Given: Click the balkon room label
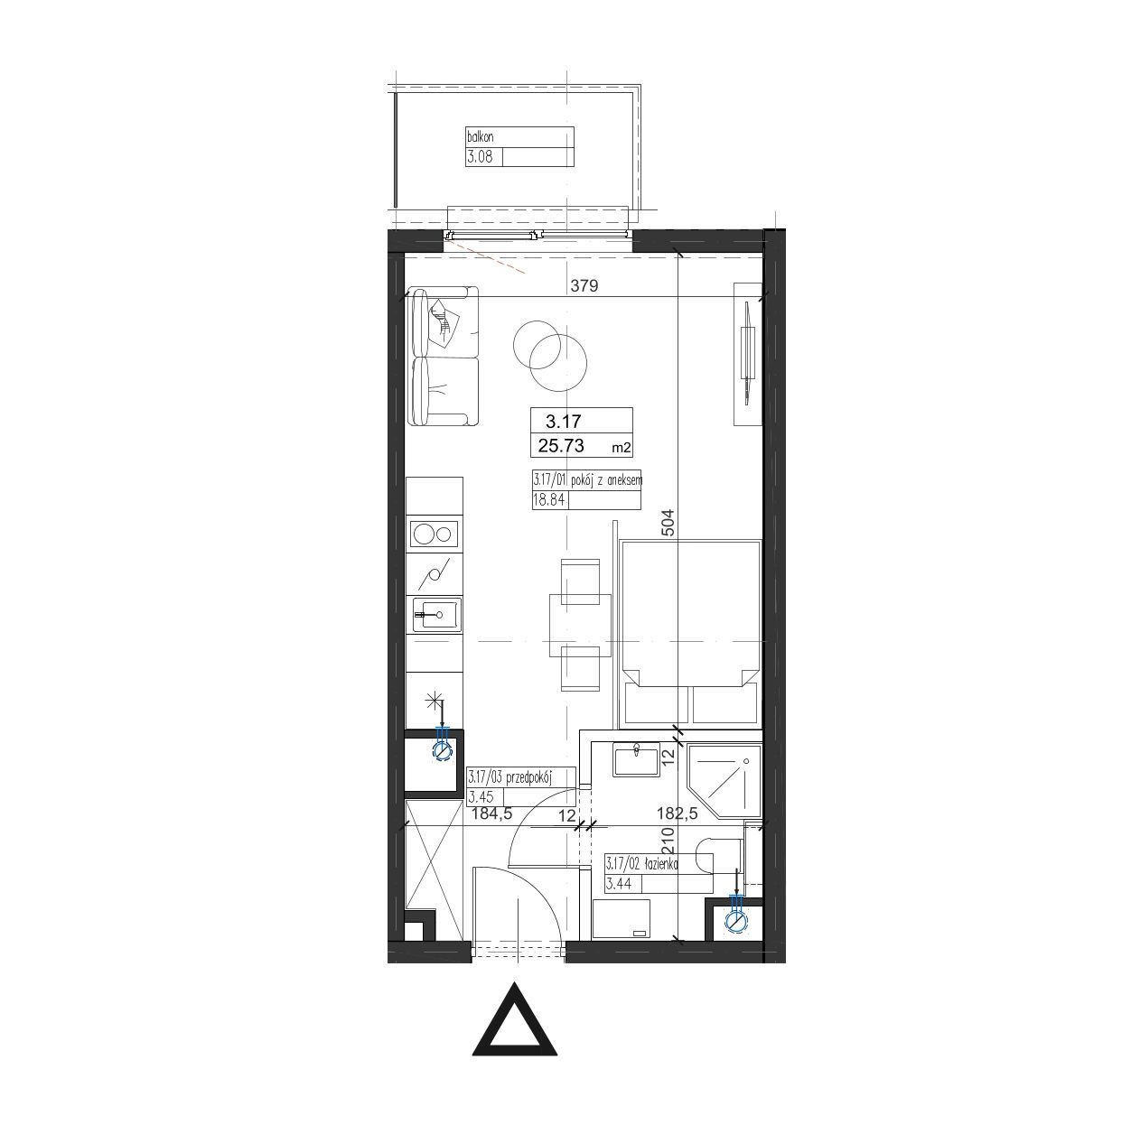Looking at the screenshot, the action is click(x=480, y=137).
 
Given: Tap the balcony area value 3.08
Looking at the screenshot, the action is click(x=480, y=158).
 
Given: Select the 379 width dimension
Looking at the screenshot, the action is click(x=584, y=285).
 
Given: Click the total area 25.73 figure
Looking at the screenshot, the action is click(x=561, y=445).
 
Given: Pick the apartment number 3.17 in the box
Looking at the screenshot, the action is click(x=563, y=422).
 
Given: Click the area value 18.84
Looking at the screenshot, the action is click(x=549, y=499).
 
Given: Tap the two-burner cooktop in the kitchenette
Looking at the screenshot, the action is click(x=435, y=534).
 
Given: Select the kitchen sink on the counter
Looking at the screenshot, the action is click(x=436, y=615).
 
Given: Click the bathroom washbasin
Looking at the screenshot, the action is click(x=636, y=759).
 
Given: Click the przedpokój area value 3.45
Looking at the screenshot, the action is click(x=481, y=797).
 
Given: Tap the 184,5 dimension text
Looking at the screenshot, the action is click(x=492, y=814).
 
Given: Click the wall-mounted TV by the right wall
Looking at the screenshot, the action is click(x=747, y=353).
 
